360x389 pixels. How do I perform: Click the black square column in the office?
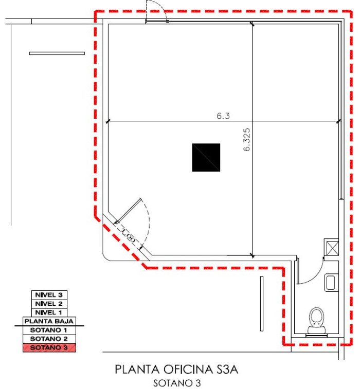(206, 157)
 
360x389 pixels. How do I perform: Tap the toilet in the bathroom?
(317, 321)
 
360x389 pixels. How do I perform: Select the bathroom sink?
(331, 283)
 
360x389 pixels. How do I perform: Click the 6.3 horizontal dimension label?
(223, 116)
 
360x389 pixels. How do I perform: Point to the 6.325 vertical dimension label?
(247, 140)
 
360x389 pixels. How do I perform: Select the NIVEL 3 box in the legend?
(49, 295)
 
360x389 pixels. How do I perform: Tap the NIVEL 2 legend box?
(49, 304)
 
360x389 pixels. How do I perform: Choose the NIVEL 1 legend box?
(49, 312)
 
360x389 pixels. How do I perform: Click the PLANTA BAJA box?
(49, 321)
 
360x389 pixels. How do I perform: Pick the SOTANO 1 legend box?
(49, 330)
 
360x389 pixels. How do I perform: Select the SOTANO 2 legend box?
(49, 339)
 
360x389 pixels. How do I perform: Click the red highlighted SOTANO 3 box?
(49, 347)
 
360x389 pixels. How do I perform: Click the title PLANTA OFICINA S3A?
(176, 369)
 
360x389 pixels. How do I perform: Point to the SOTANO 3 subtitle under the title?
(177, 383)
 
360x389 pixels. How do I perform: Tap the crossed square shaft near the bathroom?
(331, 248)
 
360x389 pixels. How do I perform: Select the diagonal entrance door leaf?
(129, 210)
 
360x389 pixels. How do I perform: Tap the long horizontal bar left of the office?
(57, 53)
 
